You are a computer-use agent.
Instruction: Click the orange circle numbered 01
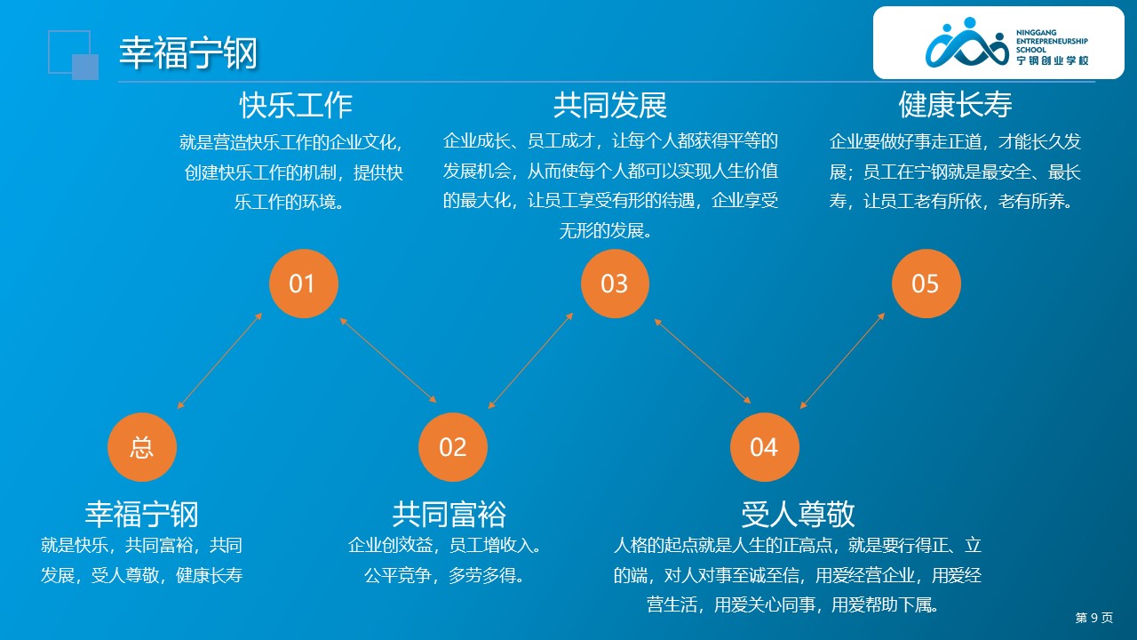pyautogui.click(x=303, y=284)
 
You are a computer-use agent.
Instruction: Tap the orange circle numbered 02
pyautogui.click(x=453, y=447)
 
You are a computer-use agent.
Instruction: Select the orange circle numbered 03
pyautogui.click(x=615, y=284)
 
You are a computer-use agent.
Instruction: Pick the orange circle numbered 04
pyautogui.click(x=764, y=447)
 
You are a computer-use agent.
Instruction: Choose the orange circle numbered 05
pyautogui.click(x=926, y=284)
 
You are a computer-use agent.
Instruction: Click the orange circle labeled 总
pyautogui.click(x=142, y=447)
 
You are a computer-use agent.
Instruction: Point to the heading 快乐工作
pyautogui.click(x=296, y=105)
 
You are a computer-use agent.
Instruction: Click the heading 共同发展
pyautogui.click(x=609, y=105)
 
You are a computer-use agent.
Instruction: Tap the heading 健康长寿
pyautogui.click(x=955, y=105)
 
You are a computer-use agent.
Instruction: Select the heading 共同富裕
pyautogui.click(x=449, y=514)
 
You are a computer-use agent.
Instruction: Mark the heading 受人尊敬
pyautogui.click(x=798, y=514)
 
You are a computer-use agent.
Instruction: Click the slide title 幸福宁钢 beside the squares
pyautogui.click(x=188, y=53)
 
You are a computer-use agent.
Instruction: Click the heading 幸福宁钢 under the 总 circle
pyautogui.click(x=141, y=514)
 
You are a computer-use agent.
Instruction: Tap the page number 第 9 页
pyautogui.click(x=1093, y=618)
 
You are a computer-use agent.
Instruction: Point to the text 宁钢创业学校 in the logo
pyautogui.click(x=1053, y=60)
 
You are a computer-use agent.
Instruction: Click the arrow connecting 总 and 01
pyautogui.click(x=219, y=361)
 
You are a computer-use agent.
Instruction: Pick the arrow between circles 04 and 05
pyautogui.click(x=842, y=361)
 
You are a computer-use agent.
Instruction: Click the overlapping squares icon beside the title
pyautogui.click(x=74, y=55)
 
